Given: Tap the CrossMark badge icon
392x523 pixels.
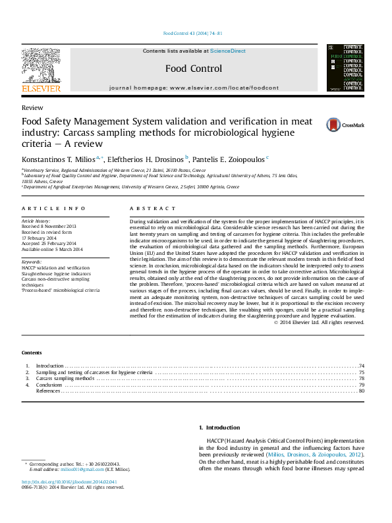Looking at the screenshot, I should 316,124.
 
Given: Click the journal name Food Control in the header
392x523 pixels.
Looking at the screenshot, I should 193,69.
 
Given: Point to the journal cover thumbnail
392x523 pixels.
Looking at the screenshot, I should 345,69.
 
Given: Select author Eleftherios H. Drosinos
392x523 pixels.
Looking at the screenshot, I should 144,159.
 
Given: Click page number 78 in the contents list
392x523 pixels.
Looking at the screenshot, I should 362,379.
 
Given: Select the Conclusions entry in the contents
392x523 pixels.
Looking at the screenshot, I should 49,385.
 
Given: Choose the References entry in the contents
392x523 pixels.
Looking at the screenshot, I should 49,391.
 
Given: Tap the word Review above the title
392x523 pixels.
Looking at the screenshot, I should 32,107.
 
